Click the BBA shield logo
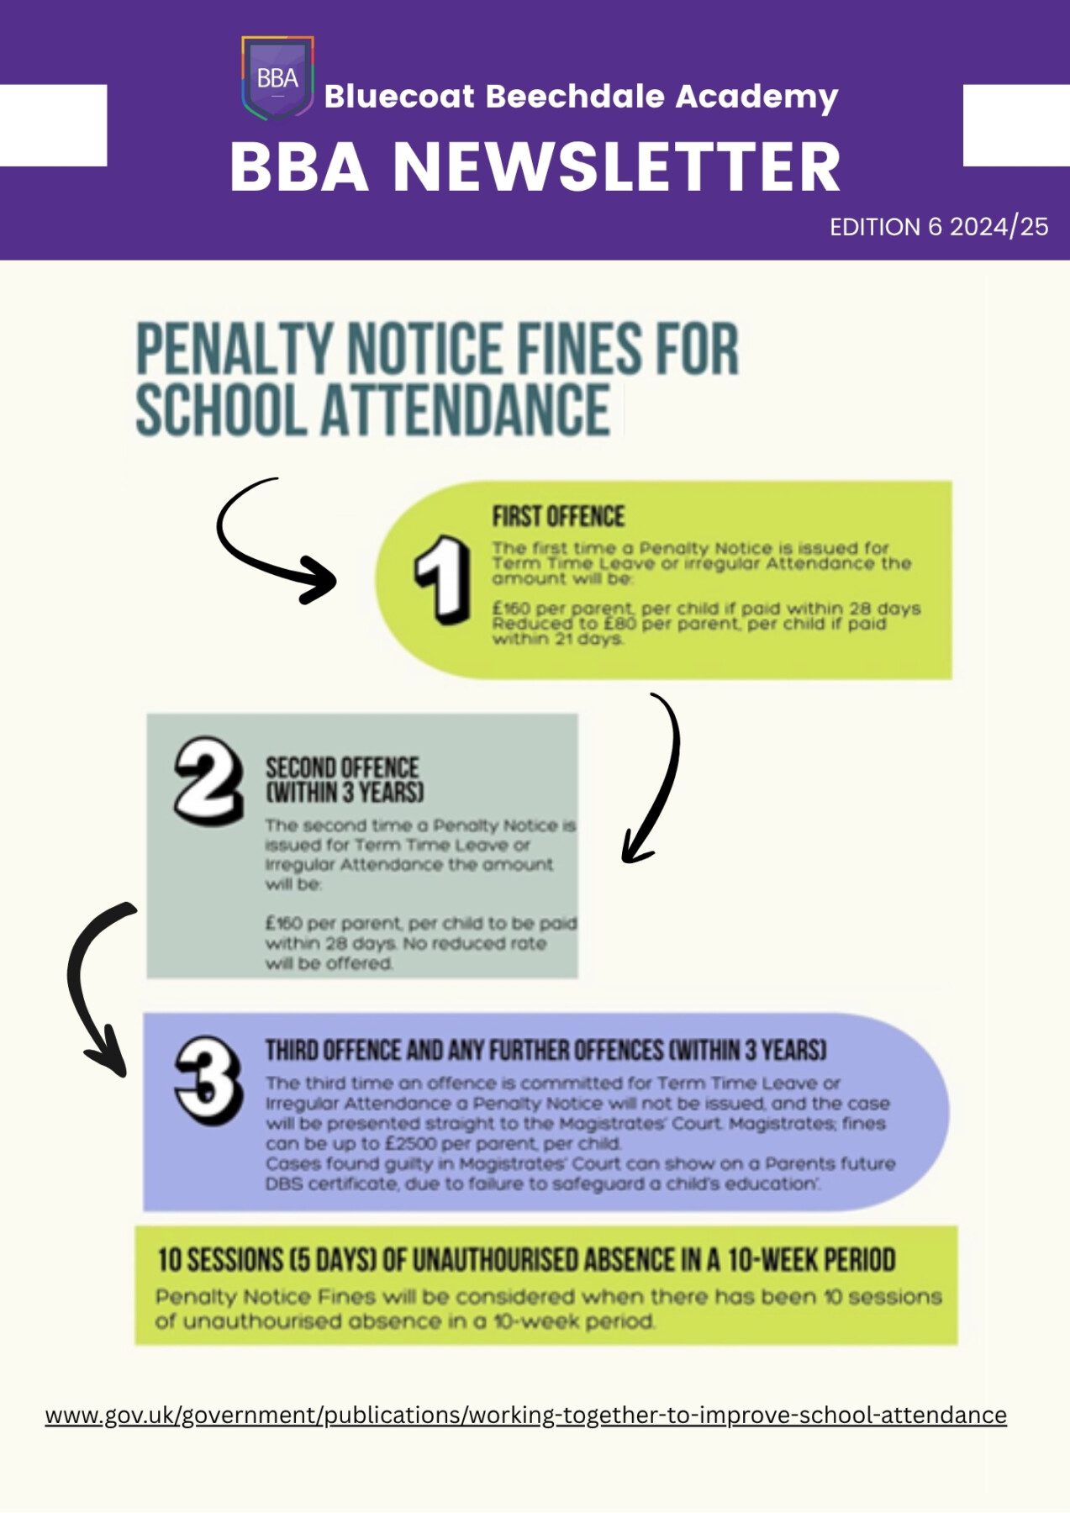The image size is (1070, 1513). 277,78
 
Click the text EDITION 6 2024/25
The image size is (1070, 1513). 938,227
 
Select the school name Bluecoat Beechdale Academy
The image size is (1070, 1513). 581,96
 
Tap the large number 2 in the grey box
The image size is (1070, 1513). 207,780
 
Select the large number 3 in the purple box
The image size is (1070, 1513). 207,1080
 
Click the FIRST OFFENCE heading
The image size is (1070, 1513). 558,516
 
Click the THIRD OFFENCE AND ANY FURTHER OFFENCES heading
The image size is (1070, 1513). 546,1051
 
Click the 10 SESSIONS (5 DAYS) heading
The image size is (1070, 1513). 525,1260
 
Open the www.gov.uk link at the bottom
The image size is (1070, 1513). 525,1415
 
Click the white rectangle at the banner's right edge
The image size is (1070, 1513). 1015,125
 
